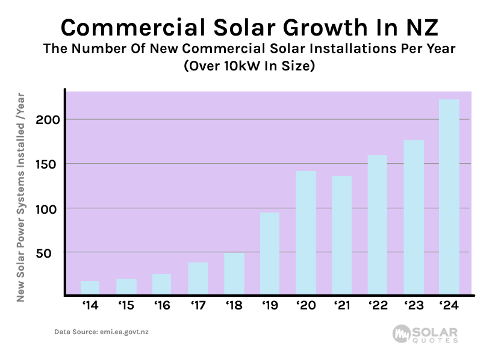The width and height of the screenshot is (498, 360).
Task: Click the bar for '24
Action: (449, 197)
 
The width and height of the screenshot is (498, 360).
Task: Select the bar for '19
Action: (270, 253)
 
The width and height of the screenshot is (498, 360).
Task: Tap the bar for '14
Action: (90, 288)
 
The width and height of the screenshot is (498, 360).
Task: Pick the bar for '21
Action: (341, 235)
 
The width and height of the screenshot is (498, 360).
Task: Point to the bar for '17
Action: (198, 279)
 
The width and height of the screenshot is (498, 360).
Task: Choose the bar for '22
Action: (378, 225)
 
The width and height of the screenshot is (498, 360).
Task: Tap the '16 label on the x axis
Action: (161, 306)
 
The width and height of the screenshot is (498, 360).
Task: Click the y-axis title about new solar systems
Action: (20, 196)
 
